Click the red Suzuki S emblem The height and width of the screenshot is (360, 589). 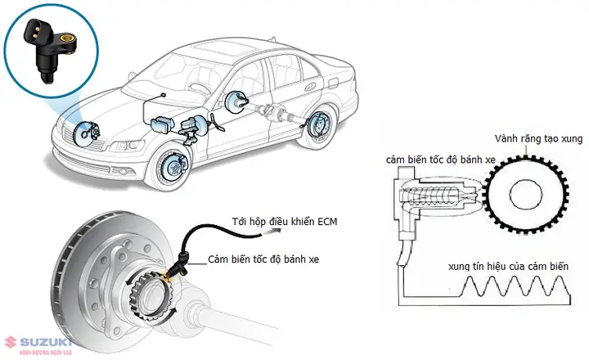pyautogui.click(x=9, y=340)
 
